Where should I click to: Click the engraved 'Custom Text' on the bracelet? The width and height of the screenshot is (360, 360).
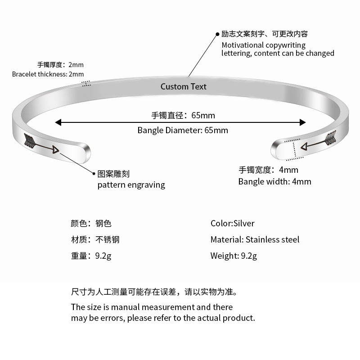click(184, 86)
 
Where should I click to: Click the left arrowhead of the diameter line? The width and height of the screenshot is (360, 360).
click(58, 122)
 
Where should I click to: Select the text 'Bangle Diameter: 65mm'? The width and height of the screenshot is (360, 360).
click(183, 130)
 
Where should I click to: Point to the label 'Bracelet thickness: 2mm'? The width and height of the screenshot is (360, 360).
click(48, 74)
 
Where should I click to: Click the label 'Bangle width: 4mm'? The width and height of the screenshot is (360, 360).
click(274, 182)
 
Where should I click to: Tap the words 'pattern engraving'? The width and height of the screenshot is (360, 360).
click(131, 185)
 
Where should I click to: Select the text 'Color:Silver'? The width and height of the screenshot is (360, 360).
click(232, 224)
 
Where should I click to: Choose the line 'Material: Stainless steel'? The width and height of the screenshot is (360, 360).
click(255, 240)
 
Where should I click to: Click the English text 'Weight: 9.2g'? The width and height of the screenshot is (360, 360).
click(234, 256)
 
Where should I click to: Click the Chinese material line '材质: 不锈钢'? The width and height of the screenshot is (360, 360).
click(95, 240)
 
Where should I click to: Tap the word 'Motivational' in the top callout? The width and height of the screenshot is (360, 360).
click(243, 45)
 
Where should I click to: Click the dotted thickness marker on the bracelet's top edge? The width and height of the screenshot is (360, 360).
click(86, 83)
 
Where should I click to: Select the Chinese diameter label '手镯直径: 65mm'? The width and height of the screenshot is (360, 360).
click(183, 116)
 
